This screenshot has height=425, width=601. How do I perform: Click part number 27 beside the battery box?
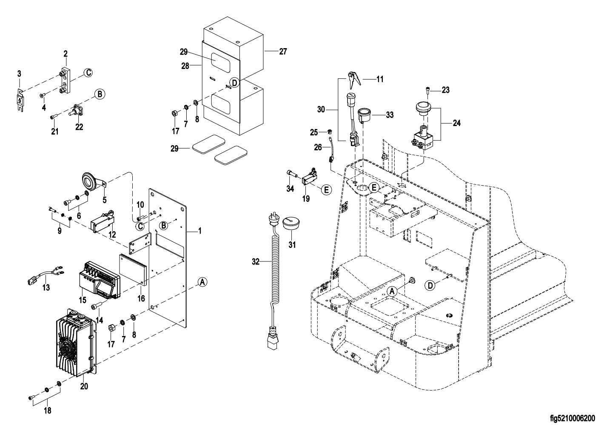pos(283,52)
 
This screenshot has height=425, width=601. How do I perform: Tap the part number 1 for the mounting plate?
pos(200,231)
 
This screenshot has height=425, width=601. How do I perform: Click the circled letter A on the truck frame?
pos(392,291)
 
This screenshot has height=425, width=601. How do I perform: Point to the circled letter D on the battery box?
pos(234,82)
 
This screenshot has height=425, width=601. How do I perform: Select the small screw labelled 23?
pos(427,89)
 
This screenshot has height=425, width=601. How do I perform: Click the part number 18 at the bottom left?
pos(47,411)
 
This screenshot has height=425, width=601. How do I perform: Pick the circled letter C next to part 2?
pos(87,73)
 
